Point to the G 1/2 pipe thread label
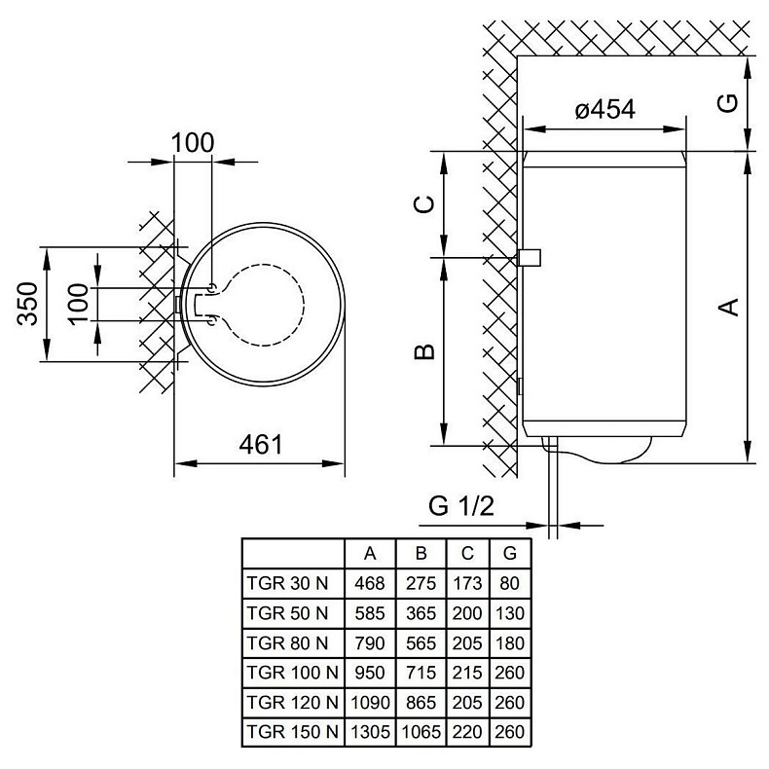pyautogui.click(x=463, y=506)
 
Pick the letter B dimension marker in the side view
pyautogui.click(x=422, y=351)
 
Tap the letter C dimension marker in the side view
pyautogui.click(x=422, y=203)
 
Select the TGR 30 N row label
pyautogui.click(x=288, y=584)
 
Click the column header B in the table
pyautogui.click(x=421, y=554)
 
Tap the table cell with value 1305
pyautogui.click(x=370, y=731)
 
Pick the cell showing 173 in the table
pyautogui.click(x=468, y=584)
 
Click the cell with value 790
pyautogui.click(x=370, y=642)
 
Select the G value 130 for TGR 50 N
pyautogui.click(x=509, y=613)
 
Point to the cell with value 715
pyautogui.click(x=421, y=672)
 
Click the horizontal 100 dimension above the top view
pyautogui.click(x=192, y=142)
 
